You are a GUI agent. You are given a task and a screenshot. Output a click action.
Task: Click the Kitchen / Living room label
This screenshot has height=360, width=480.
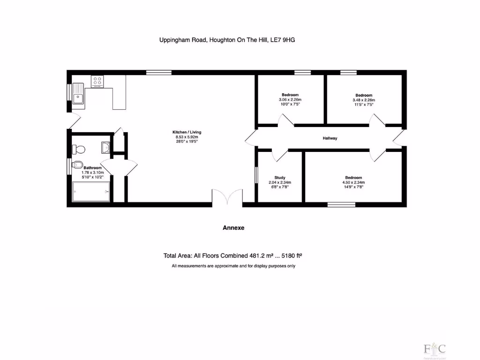[187, 132]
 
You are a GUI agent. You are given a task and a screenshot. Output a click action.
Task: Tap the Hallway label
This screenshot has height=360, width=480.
[330, 138]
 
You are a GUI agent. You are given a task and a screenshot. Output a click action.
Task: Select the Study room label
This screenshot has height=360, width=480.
[280, 178]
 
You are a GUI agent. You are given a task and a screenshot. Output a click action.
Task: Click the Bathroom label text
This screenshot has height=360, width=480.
[92, 168]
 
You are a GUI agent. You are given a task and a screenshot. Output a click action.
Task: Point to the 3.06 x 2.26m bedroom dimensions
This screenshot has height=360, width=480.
[290, 100]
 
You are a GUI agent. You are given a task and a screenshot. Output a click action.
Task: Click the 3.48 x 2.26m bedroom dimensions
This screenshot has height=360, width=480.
[364, 100]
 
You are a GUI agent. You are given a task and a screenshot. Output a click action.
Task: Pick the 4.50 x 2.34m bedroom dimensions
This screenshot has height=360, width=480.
[353, 182]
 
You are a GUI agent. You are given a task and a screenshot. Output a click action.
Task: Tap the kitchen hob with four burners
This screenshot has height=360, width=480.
[97, 81]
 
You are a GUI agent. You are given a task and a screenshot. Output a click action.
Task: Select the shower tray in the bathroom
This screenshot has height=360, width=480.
[92, 192]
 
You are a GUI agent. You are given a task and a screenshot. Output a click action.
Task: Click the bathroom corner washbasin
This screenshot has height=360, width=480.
[105, 148]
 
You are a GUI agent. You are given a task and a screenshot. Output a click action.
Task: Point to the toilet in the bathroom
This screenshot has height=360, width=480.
[79, 149]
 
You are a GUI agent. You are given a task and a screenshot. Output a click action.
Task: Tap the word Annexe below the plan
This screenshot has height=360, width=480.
[233, 228]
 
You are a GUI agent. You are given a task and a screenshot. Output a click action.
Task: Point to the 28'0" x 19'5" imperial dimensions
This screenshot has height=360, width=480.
[187, 142]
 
